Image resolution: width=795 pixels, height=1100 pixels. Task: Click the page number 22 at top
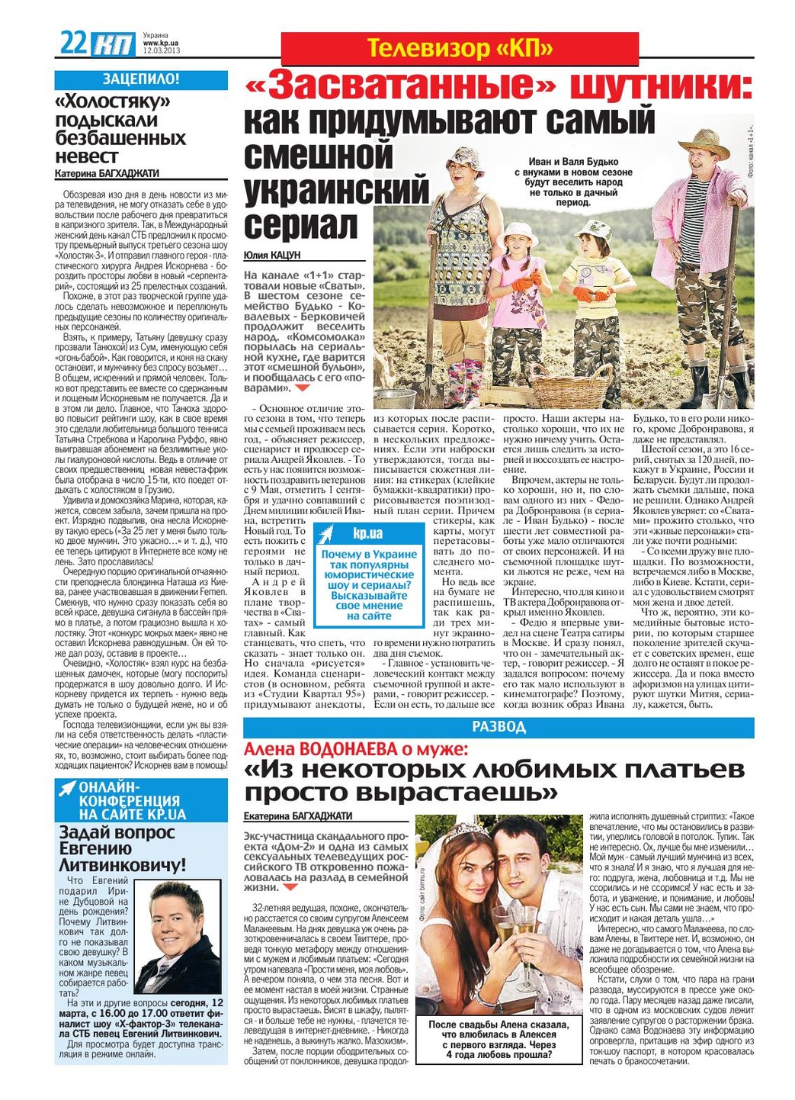(x=74, y=43)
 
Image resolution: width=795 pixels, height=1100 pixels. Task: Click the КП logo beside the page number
(x=114, y=45)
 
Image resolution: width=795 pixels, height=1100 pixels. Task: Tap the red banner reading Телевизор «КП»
(x=460, y=49)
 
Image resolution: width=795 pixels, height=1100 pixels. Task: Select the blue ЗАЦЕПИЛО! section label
(x=141, y=79)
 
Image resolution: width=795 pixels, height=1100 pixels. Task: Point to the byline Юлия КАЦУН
(x=272, y=255)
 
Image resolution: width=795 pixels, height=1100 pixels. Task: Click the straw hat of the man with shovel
(x=705, y=143)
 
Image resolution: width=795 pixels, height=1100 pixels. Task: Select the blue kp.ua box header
(x=370, y=533)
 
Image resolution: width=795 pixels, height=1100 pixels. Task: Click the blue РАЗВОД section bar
(x=498, y=727)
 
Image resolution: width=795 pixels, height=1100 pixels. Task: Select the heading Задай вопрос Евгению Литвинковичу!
(x=122, y=848)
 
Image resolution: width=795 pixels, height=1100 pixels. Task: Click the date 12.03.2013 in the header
(x=161, y=51)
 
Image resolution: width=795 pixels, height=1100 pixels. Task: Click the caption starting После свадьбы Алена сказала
(x=498, y=1040)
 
